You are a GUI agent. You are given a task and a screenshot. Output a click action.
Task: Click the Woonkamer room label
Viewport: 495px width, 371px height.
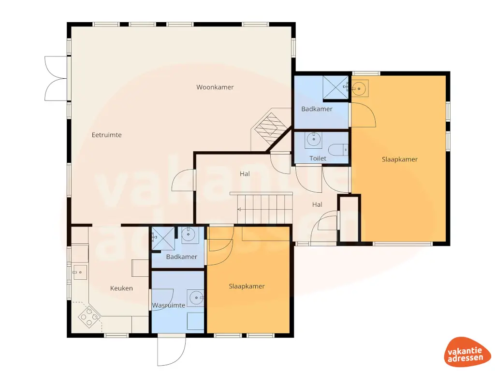coord(215,87)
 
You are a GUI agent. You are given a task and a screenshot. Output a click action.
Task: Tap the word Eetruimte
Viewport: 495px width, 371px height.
coord(107,135)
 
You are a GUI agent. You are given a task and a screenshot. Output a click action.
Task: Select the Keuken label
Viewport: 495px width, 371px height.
coord(121,288)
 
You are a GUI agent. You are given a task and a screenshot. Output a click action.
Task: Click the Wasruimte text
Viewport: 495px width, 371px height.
coord(168,305)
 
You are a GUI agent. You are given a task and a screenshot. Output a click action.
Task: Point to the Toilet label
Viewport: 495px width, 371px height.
coord(318,158)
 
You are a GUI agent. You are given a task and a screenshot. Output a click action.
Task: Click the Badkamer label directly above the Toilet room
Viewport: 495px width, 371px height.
coord(317,109)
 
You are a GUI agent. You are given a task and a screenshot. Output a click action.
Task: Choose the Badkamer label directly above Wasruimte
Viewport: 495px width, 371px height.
coord(181,257)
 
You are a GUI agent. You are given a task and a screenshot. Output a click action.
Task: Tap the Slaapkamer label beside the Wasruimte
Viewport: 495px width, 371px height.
coord(247,286)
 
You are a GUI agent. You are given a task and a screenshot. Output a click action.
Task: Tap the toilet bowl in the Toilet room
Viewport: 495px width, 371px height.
coord(338,150)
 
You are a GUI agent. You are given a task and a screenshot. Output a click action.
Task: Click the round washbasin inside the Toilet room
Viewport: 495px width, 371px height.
coord(313,141)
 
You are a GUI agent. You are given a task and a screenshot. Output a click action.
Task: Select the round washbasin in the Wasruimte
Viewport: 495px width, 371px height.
coord(196,298)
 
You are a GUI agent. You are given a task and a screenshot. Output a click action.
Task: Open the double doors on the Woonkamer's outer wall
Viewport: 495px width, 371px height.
coord(55,78)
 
